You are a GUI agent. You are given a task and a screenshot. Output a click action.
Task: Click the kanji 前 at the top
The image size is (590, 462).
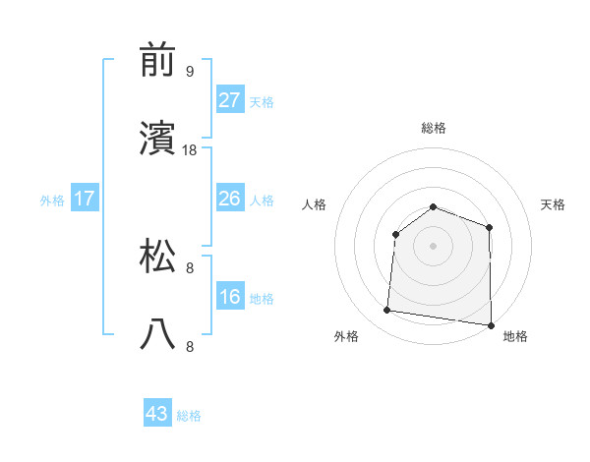click(157, 62)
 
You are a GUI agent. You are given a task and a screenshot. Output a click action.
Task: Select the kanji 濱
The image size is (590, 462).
click(157, 141)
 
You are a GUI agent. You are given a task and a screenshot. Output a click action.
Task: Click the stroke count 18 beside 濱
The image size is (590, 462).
click(191, 150)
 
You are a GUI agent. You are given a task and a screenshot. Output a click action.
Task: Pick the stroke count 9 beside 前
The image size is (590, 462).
click(190, 72)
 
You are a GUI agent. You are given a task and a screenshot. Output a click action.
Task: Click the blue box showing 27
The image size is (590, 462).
click(229, 100)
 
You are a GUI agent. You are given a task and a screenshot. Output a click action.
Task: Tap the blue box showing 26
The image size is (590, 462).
click(229, 199)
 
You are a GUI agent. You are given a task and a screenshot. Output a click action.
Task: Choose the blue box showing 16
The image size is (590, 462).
click(229, 297)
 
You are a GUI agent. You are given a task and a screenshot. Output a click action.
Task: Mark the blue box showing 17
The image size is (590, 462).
click(85, 199)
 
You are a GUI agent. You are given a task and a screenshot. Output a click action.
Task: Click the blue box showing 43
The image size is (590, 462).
click(157, 415)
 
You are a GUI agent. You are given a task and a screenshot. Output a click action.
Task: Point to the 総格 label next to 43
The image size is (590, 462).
click(189, 416)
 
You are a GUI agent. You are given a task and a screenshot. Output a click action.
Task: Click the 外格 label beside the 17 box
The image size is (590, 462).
click(52, 200)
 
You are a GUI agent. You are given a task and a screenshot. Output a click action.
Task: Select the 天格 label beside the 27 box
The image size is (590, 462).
click(261, 101)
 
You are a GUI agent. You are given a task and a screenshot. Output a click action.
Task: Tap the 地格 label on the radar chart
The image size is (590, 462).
click(515, 337)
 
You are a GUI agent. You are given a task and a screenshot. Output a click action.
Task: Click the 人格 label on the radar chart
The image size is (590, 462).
click(316, 205)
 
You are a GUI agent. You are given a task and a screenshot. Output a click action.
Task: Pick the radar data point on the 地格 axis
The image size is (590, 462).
click(490, 324)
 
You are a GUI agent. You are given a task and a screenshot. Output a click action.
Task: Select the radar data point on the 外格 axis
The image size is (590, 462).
click(387, 311)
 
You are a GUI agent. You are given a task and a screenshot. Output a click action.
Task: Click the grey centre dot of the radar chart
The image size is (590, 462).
click(433, 245)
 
